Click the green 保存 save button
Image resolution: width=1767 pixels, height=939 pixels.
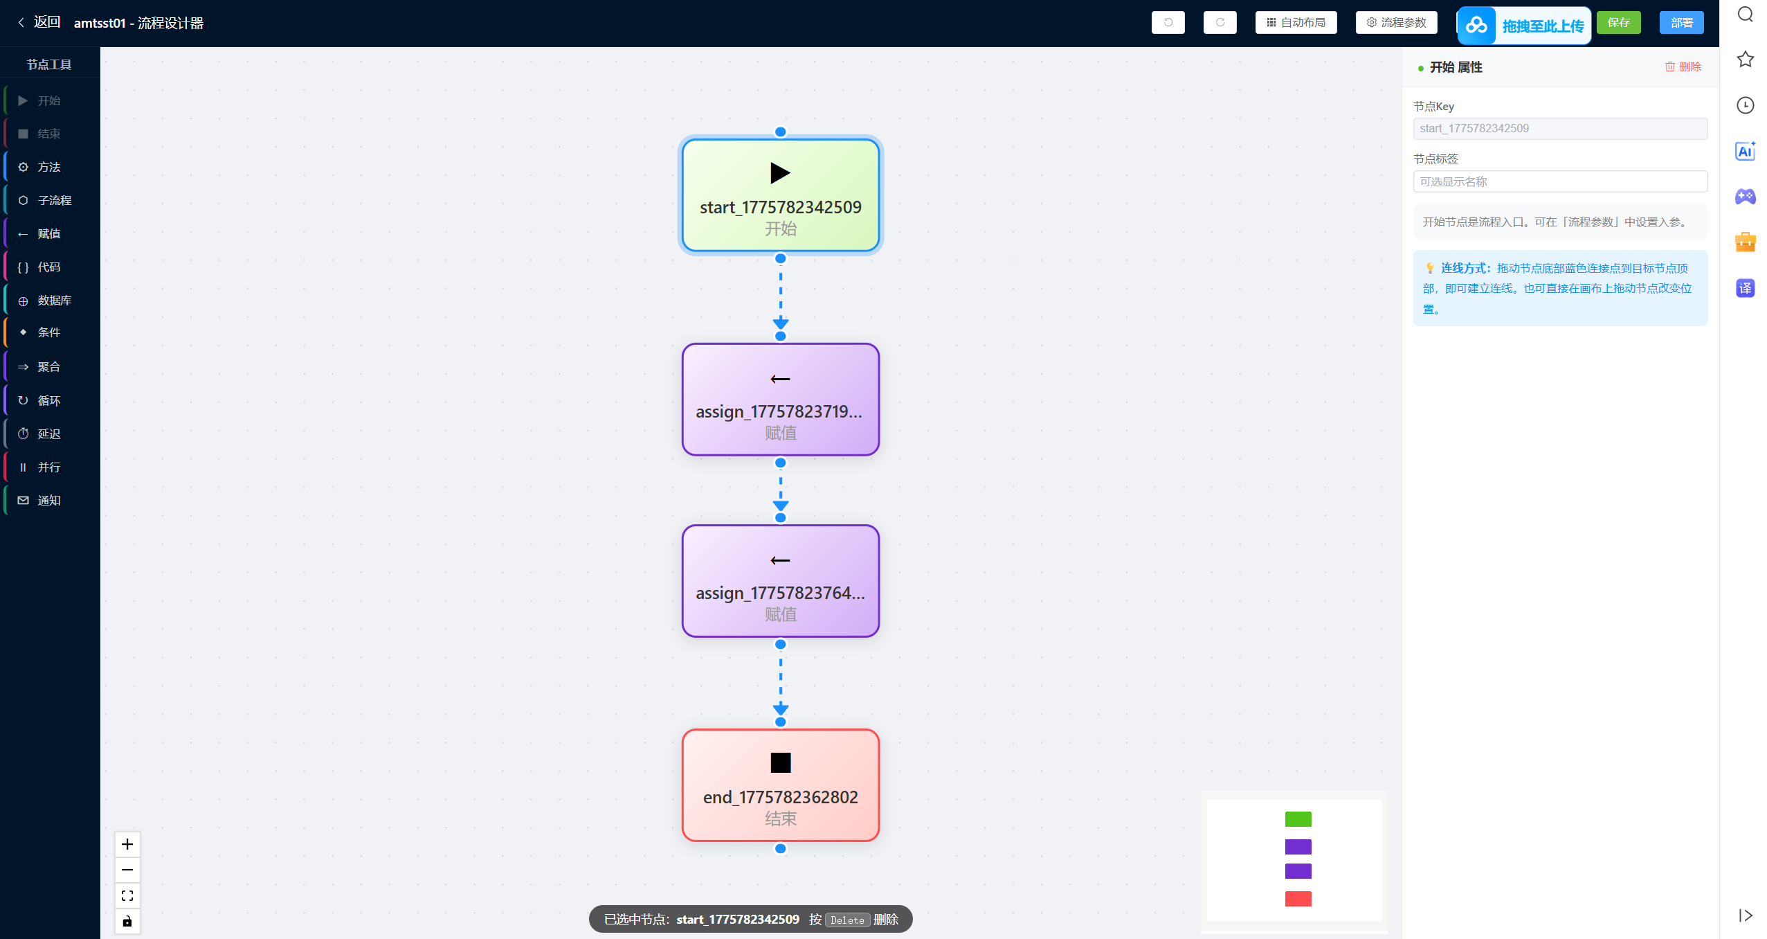(1618, 23)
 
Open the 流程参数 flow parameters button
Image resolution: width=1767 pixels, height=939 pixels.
(1396, 23)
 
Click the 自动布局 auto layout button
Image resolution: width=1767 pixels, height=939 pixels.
(1296, 23)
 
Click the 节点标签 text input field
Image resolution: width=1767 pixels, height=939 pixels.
(1560, 181)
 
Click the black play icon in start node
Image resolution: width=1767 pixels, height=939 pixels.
(780, 172)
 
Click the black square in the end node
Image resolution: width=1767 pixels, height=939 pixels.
(781, 762)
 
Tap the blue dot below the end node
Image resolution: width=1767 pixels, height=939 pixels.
(781, 848)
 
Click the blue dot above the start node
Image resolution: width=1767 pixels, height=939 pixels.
(781, 132)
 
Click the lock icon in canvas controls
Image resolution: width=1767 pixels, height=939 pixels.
(127, 922)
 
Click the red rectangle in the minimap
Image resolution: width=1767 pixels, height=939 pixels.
(1298, 899)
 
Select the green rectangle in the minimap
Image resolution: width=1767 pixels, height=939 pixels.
(1298, 819)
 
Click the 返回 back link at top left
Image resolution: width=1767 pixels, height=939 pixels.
(39, 22)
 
